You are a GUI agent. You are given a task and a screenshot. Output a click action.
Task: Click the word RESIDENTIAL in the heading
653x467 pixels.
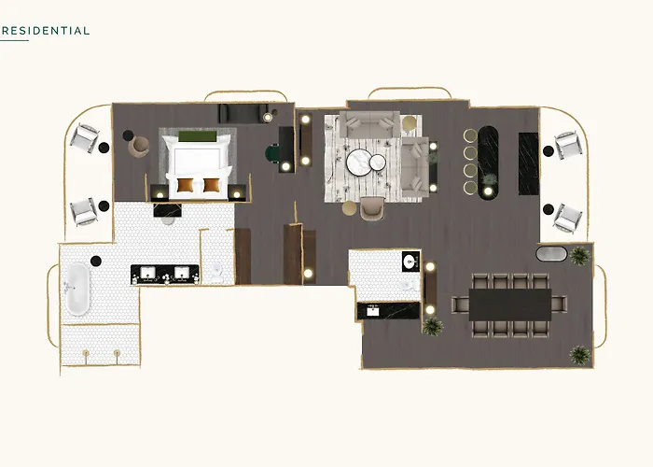(x=46, y=31)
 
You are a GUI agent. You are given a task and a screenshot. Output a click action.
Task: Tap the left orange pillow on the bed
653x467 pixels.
(x=186, y=185)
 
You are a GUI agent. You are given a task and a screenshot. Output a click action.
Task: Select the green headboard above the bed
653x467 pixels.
(x=198, y=136)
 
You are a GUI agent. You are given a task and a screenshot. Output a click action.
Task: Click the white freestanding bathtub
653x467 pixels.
(x=77, y=289)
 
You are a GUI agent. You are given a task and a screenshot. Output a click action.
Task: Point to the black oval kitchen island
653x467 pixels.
(x=488, y=163)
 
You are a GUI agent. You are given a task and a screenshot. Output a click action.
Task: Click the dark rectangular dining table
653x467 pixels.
(x=510, y=304)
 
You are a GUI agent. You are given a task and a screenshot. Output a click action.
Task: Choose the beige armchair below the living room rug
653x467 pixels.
(x=372, y=208)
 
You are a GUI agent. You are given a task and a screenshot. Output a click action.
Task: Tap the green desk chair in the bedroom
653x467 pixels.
(x=272, y=152)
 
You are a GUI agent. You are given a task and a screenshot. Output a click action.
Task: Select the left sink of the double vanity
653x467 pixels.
(x=147, y=273)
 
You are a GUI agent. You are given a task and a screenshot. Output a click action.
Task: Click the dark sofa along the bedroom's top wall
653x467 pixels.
(x=243, y=113)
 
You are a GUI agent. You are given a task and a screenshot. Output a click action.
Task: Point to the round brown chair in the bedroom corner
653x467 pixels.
(x=139, y=147)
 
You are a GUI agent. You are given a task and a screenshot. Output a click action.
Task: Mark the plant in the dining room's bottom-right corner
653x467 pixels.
(x=579, y=355)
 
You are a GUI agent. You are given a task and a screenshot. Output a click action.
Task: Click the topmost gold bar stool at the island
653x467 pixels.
(x=471, y=136)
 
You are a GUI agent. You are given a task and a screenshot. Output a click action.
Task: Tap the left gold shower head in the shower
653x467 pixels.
(x=86, y=354)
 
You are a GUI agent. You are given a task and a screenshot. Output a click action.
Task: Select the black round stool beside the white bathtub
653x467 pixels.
(x=96, y=261)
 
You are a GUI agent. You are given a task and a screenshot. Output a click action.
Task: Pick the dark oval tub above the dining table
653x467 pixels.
(x=551, y=254)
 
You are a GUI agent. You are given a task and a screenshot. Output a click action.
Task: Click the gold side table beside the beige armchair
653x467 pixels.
(x=350, y=208)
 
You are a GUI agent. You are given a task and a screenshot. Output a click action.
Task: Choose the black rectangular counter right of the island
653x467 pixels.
(x=529, y=163)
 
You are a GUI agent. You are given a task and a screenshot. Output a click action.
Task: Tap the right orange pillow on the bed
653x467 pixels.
(x=211, y=185)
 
